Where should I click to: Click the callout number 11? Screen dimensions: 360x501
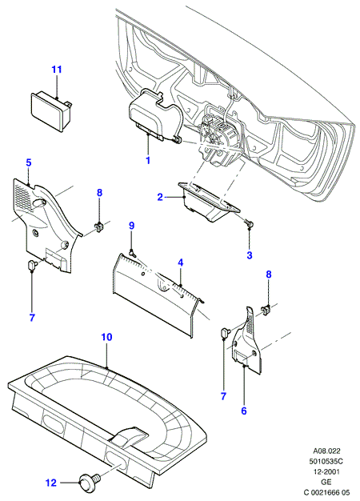point(57,70)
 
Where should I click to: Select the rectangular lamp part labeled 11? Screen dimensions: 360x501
point(52,110)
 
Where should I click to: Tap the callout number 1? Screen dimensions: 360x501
point(148,160)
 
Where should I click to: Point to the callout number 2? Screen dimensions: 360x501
point(160,197)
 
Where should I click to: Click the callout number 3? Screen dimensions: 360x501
point(250,255)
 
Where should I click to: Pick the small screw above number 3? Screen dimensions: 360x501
point(250,222)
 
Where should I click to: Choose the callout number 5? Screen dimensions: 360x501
point(29,162)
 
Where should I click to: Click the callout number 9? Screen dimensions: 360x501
point(132,226)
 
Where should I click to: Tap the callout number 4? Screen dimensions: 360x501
point(181,263)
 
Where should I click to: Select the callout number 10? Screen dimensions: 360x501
point(107,337)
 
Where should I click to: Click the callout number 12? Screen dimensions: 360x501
point(51,483)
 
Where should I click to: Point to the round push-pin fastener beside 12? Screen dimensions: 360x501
point(90,480)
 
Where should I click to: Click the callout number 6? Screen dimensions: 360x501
point(244,411)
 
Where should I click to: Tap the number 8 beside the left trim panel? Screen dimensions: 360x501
point(99,193)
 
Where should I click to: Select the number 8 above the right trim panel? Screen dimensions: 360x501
point(269,274)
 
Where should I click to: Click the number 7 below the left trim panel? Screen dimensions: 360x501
point(32,318)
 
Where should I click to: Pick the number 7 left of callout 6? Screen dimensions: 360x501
point(223,396)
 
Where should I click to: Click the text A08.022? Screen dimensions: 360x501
point(326,451)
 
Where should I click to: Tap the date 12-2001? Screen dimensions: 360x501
point(326,471)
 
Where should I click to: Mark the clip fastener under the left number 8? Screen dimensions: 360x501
point(99,226)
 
